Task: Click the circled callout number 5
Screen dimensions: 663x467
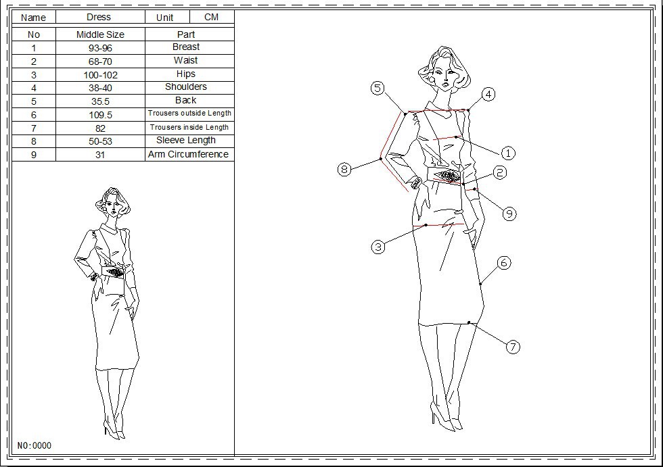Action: point(378,89)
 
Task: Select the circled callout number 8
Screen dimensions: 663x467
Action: point(344,170)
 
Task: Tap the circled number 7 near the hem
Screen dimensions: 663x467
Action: point(513,347)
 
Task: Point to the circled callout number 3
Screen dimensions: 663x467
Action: point(378,247)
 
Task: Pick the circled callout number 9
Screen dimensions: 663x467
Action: point(509,214)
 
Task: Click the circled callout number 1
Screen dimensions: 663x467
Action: point(508,153)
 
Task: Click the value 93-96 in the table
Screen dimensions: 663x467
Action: point(100,48)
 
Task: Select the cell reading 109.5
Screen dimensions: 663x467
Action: point(100,115)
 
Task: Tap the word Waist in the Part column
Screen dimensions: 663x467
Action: point(185,60)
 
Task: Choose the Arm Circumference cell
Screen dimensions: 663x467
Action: point(188,155)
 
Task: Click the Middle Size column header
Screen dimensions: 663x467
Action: point(100,34)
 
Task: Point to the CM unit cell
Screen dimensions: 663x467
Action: point(211,18)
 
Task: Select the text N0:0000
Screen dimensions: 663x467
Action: point(35,445)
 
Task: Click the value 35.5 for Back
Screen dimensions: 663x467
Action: point(100,101)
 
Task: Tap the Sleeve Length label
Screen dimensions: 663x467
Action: point(186,140)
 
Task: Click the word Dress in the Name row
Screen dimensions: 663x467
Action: point(99,18)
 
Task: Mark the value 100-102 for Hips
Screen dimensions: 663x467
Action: point(100,75)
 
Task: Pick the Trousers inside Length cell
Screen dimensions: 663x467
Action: point(189,128)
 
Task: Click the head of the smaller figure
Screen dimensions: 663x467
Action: point(112,202)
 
